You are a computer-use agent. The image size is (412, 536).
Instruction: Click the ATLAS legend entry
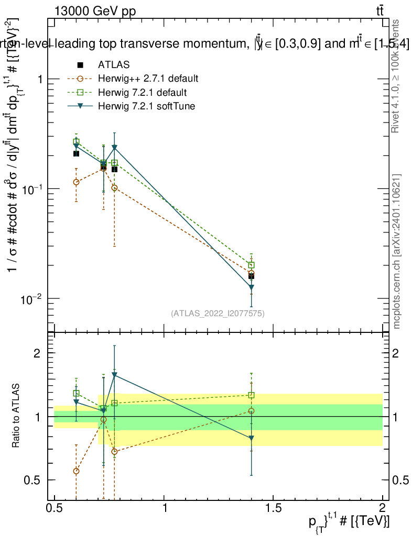pos(113,65)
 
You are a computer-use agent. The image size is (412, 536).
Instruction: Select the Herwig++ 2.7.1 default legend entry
pos(148,79)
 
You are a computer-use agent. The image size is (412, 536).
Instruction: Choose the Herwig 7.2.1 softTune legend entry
pos(145,106)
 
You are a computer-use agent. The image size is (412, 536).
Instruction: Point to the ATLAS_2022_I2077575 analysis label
pos(218,314)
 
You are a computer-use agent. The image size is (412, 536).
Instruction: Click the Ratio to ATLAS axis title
pos(16,416)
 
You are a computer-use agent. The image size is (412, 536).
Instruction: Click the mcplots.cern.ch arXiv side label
pos(398,251)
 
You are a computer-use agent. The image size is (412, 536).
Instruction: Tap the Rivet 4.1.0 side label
pos(397,75)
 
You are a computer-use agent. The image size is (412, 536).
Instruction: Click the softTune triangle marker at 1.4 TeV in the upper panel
pos(252,287)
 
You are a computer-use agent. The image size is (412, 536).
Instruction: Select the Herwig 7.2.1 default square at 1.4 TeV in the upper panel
pos(252,265)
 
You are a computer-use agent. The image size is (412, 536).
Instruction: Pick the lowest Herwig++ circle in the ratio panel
pos(77,471)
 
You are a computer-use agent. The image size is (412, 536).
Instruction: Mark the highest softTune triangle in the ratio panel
pos(114,375)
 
